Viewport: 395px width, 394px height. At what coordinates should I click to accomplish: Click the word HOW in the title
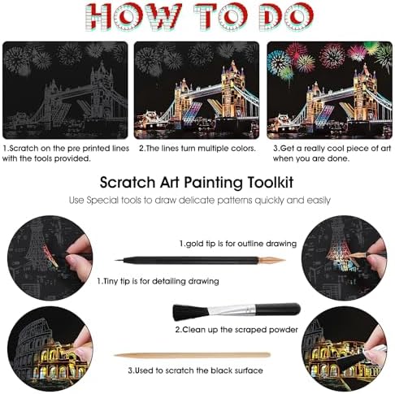click(133, 17)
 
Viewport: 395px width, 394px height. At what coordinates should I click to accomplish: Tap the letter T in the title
click(206, 17)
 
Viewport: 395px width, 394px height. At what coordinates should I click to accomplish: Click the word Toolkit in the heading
click(271, 182)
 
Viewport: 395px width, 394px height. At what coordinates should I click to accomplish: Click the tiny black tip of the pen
click(119, 261)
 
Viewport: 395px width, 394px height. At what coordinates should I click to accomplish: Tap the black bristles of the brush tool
click(189, 312)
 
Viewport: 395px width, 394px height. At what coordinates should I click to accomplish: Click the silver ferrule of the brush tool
click(232, 310)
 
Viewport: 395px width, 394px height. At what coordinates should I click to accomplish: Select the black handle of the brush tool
click(278, 309)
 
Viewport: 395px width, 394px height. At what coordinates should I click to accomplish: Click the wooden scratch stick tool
click(193, 355)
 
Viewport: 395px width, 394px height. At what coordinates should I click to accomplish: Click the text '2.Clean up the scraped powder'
click(237, 330)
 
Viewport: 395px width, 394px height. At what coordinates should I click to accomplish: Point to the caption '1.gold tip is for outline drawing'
click(238, 244)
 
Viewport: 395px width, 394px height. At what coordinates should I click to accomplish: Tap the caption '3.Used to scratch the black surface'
click(195, 370)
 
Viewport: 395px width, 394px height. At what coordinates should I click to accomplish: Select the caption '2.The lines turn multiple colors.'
click(197, 149)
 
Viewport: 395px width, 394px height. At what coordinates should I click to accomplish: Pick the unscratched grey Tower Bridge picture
click(65, 90)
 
